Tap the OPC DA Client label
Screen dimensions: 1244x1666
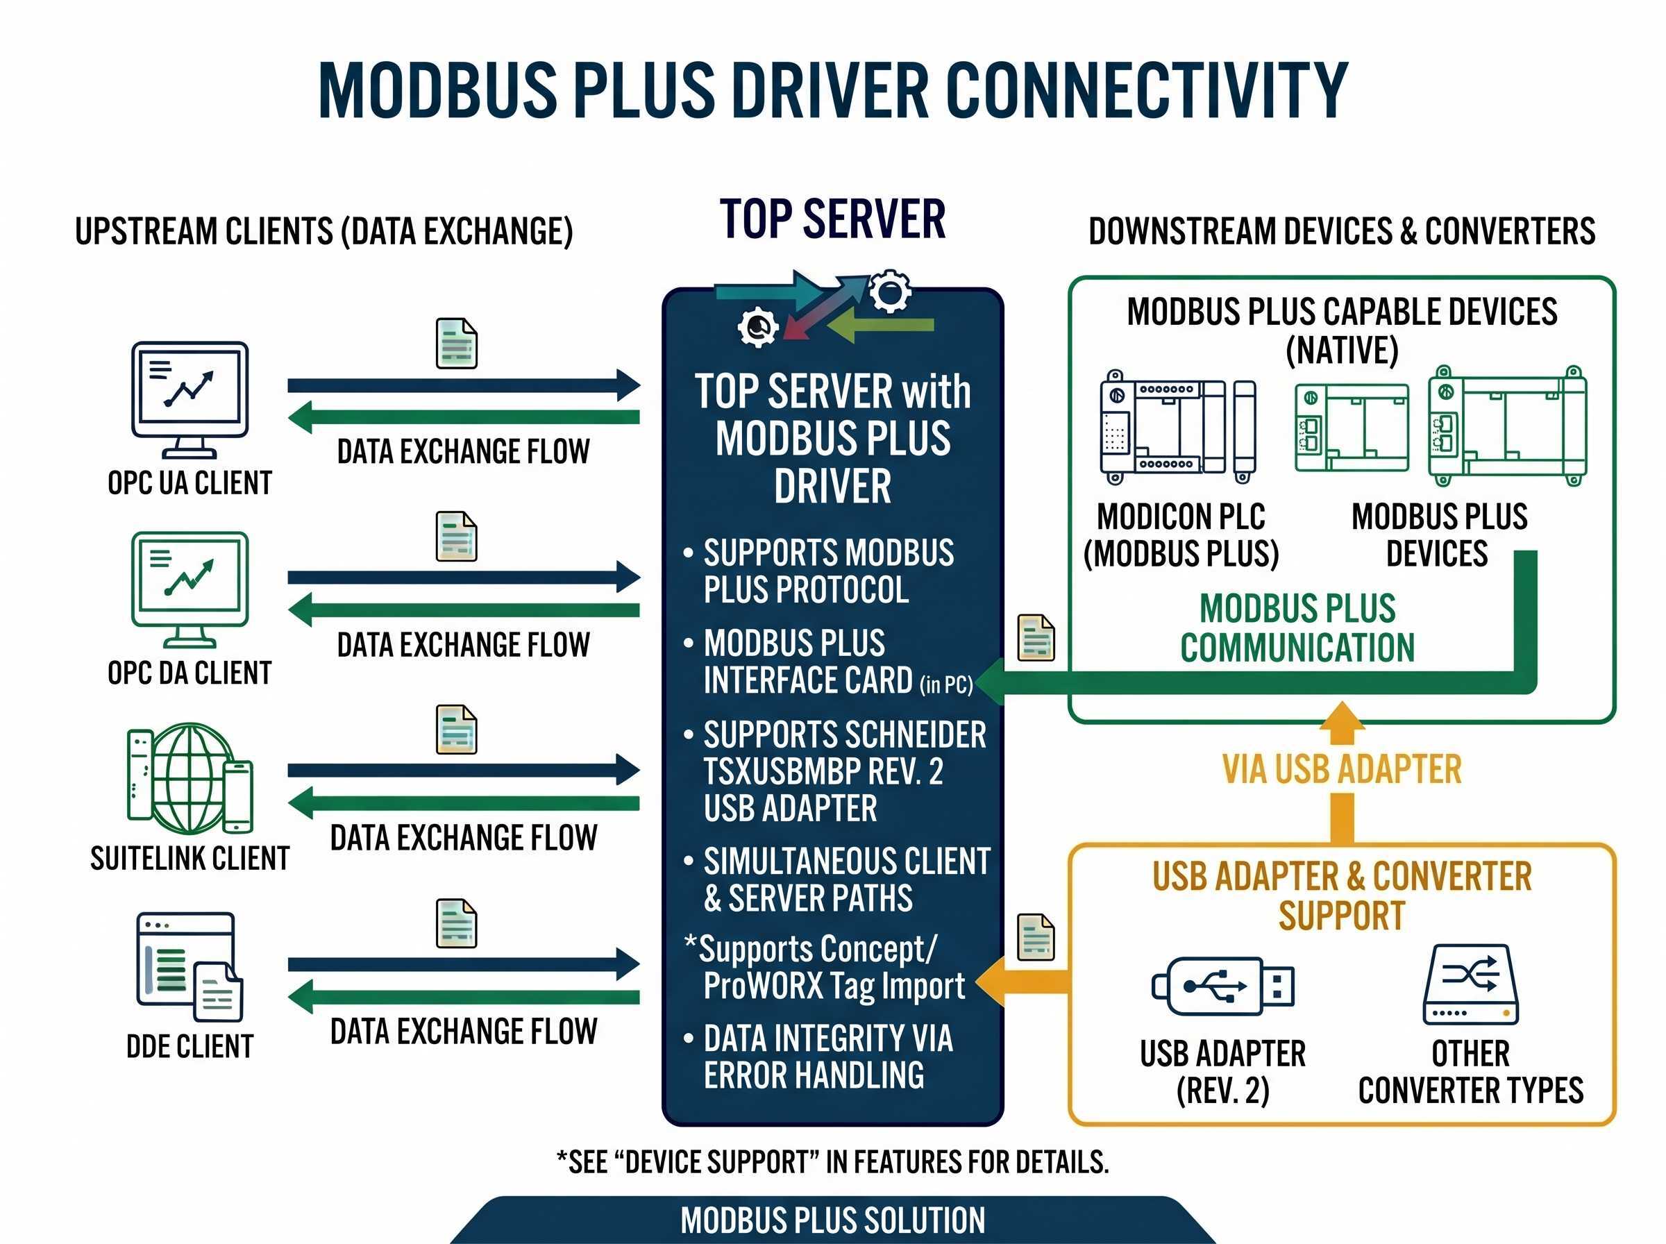(190, 673)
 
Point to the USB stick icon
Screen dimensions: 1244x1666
(1222, 986)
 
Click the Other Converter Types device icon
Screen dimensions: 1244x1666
(1470, 985)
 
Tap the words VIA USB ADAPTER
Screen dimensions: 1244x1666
(1342, 770)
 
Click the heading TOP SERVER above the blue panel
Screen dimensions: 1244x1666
(832, 219)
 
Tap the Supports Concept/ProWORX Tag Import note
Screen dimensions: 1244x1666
(825, 967)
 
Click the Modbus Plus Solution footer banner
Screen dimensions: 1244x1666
(832, 1220)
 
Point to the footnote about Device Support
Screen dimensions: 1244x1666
(832, 1162)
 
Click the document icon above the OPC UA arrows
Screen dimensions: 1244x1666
(456, 344)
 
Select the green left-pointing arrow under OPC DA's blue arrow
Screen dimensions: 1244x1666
(463, 610)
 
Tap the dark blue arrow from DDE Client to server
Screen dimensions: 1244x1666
(463, 964)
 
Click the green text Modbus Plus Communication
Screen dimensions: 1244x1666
(1297, 628)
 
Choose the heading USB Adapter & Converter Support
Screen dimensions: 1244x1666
(1342, 896)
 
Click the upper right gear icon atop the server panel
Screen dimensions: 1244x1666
(890, 291)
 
